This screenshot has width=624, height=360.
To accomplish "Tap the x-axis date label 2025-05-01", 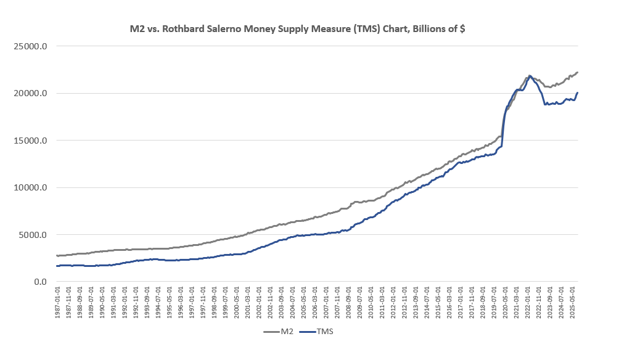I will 574,302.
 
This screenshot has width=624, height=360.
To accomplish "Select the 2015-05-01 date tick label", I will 439,302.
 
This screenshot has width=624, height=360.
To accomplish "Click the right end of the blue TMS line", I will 577,93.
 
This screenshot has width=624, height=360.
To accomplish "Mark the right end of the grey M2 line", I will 577,72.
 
